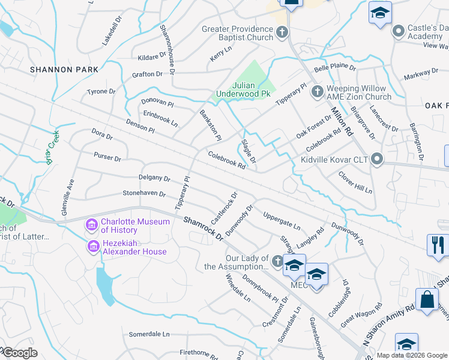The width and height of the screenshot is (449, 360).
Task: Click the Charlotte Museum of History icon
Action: pyautogui.click(x=92, y=226)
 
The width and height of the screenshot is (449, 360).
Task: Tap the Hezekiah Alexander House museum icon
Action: pyautogui.click(x=92, y=247)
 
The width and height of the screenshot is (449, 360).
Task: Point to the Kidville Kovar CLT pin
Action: pyautogui.click(x=377, y=160)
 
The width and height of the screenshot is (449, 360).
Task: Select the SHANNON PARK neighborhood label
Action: pyautogui.click(x=64, y=70)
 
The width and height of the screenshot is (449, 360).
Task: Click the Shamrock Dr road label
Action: pyautogui.click(x=203, y=230)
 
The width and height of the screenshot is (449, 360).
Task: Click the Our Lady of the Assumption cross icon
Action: pyautogui.click(x=277, y=261)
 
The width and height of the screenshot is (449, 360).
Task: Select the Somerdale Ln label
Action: pyautogui.click(x=149, y=334)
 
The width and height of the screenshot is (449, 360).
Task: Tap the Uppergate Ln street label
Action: pyautogui.click(x=282, y=220)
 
